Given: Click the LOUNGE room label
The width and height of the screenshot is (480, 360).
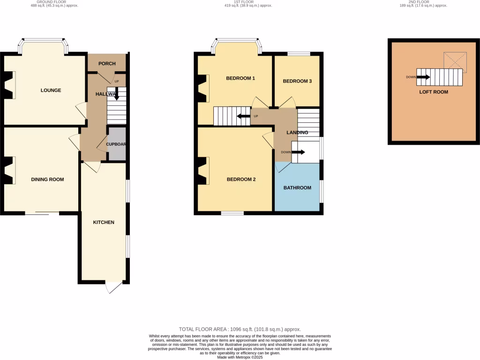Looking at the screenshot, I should click(x=51, y=90).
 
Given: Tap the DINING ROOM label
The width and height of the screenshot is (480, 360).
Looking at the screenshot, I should click(x=47, y=180).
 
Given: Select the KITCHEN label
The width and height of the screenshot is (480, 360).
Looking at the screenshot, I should click(x=104, y=222).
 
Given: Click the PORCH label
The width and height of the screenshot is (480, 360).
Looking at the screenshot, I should click(x=106, y=64).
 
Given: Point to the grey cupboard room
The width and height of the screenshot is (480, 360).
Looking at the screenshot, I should click(x=117, y=144).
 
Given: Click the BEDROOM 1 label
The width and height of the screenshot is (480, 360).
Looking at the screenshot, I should click(x=240, y=78).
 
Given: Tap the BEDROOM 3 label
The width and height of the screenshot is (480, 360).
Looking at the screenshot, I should click(x=297, y=81).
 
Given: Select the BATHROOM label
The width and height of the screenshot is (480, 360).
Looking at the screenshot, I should click(x=297, y=188).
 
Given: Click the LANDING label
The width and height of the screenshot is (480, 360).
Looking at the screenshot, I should click(x=297, y=133).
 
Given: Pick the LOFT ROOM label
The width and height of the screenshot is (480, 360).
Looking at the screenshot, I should click(x=434, y=92).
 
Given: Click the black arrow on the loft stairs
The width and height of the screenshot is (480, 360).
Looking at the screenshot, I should click(x=423, y=77).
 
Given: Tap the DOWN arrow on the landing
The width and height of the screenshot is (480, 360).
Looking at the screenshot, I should click(x=299, y=152).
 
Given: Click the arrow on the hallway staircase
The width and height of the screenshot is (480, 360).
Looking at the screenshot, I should click(x=116, y=96).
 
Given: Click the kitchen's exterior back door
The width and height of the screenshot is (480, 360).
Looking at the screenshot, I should click(x=114, y=287).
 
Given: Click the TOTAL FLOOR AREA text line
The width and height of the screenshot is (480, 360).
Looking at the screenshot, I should click(x=240, y=330).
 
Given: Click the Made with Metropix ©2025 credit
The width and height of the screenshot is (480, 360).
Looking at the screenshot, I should click(x=240, y=357).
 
